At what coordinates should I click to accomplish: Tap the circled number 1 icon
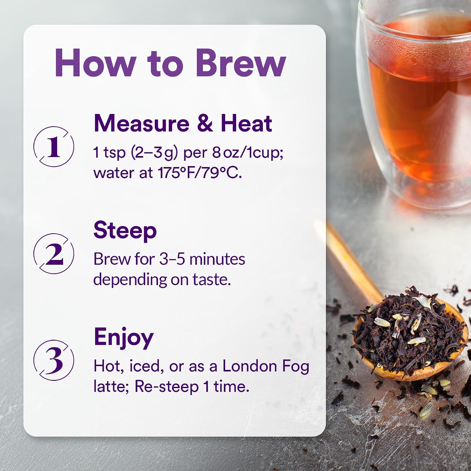click(54, 147)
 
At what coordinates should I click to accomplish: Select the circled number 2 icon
click(54, 254)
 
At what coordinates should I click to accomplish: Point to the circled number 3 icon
click(54, 360)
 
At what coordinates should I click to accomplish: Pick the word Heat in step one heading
click(246, 123)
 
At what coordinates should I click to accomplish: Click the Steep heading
click(125, 231)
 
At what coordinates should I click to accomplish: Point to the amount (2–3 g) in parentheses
click(154, 153)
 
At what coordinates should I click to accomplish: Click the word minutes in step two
click(217, 259)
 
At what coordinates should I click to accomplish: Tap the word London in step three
click(250, 366)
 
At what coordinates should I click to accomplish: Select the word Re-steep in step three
click(167, 387)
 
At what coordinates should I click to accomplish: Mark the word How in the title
click(95, 63)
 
